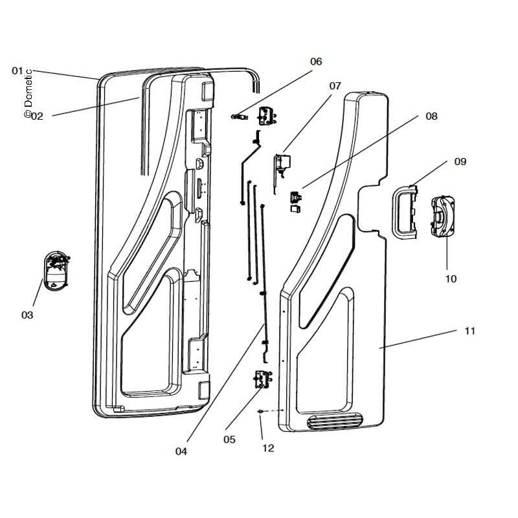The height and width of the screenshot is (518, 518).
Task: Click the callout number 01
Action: pyautogui.click(x=17, y=71)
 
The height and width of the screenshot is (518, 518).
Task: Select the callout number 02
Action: pyautogui.click(x=38, y=117)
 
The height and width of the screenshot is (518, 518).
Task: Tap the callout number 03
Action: pyautogui.click(x=27, y=315)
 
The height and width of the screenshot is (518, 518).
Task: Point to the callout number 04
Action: pyautogui.click(x=181, y=451)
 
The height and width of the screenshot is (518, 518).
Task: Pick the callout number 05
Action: pyautogui.click(x=229, y=440)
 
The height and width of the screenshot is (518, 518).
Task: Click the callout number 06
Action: pyautogui.click(x=316, y=62)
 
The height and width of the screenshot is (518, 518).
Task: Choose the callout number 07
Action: pyautogui.click(x=335, y=86)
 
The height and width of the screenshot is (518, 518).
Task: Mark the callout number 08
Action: pyautogui.click(x=431, y=117)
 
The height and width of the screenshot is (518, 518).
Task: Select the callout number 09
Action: pyautogui.click(x=460, y=161)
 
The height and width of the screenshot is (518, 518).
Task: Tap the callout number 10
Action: pyautogui.click(x=451, y=279)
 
